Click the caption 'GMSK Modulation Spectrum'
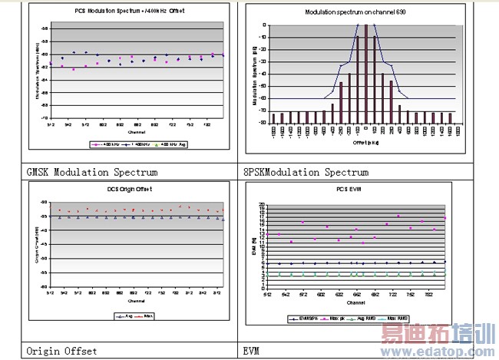click(x=92, y=172)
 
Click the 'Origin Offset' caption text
click(x=61, y=351)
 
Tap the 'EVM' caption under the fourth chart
click(x=252, y=351)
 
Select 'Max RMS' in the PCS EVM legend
click(x=398, y=319)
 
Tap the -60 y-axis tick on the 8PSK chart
click(x=263, y=98)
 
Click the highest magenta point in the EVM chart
click(x=398, y=216)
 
